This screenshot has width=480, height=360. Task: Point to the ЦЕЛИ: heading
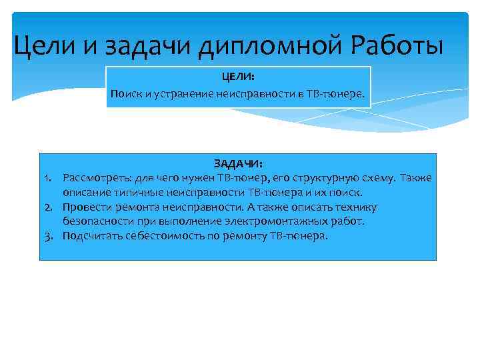[238, 77]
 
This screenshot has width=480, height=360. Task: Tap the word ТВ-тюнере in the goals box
[336, 94]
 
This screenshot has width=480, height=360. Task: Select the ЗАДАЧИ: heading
[238, 163]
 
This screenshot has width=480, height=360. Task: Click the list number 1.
[47, 178]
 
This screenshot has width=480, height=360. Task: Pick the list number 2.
[47, 207]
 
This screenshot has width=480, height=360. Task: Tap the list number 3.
[47, 235]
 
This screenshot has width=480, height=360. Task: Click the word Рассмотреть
[96, 178]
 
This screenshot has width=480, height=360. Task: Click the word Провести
[86, 207]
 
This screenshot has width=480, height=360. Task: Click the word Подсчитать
[90, 235]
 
